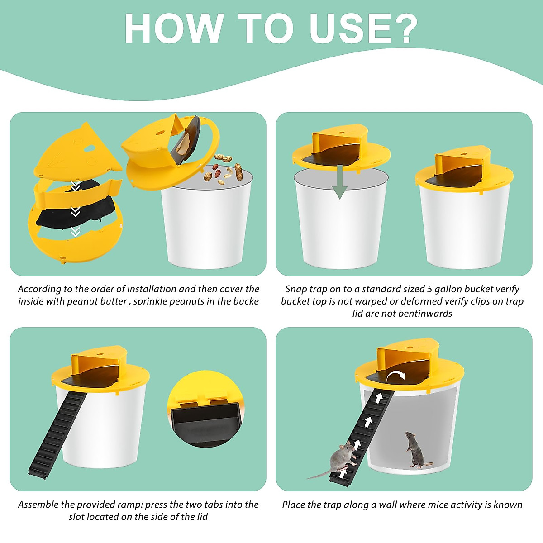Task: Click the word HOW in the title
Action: pos(174,29)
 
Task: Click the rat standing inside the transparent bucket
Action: pos(415,449)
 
